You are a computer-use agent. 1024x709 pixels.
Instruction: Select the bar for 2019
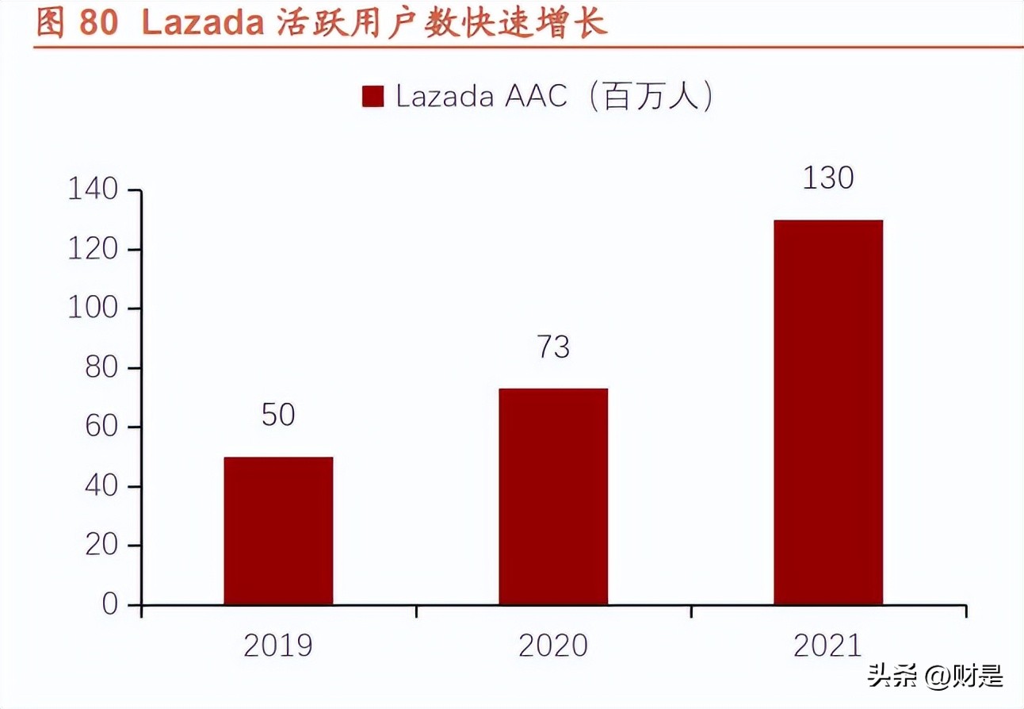point(278,531)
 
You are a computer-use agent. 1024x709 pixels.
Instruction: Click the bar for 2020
point(553,496)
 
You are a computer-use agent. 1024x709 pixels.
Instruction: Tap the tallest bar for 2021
point(828,412)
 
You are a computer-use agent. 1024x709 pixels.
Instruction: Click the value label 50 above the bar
point(278,414)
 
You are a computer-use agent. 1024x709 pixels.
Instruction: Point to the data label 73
point(553,347)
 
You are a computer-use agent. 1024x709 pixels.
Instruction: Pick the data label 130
point(828,178)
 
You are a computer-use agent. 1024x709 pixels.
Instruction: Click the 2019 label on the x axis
point(278,646)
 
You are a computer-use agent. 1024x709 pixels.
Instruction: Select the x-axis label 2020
point(553,646)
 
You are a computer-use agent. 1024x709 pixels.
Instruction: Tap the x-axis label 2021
point(828,646)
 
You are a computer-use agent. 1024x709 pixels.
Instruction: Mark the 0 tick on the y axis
point(109,604)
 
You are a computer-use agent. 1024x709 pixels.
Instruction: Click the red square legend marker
point(373,96)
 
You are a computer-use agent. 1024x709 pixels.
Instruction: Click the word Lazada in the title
point(202,24)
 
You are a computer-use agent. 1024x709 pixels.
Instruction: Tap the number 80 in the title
point(98,24)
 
